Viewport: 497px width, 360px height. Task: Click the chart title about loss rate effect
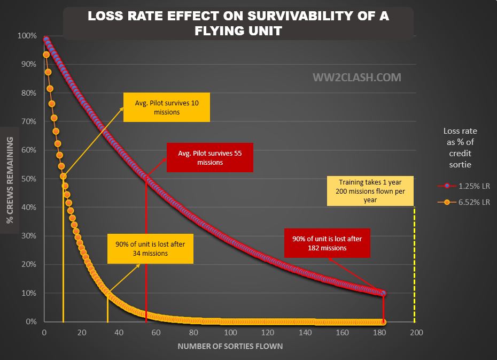[238, 23]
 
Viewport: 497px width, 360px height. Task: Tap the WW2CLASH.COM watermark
[356, 78]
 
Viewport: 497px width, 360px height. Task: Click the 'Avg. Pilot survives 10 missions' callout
[166, 108]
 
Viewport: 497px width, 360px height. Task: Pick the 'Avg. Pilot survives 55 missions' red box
[209, 157]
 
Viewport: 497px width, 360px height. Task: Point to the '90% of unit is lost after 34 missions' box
[150, 249]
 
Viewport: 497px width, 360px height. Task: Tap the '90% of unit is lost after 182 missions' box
[327, 243]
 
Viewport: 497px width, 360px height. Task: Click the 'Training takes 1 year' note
[370, 190]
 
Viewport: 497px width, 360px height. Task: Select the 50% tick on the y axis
[27, 179]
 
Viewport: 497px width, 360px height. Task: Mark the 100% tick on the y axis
[26, 36]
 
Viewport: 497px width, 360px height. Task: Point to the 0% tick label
[29, 322]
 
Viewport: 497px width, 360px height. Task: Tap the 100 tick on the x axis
[230, 333]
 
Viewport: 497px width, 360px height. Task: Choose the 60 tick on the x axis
[156, 333]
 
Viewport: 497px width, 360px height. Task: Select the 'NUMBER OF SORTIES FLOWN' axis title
[230, 346]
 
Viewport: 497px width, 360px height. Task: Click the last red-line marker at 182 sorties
[383, 293]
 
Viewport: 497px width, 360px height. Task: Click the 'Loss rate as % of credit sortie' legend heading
[460, 148]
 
